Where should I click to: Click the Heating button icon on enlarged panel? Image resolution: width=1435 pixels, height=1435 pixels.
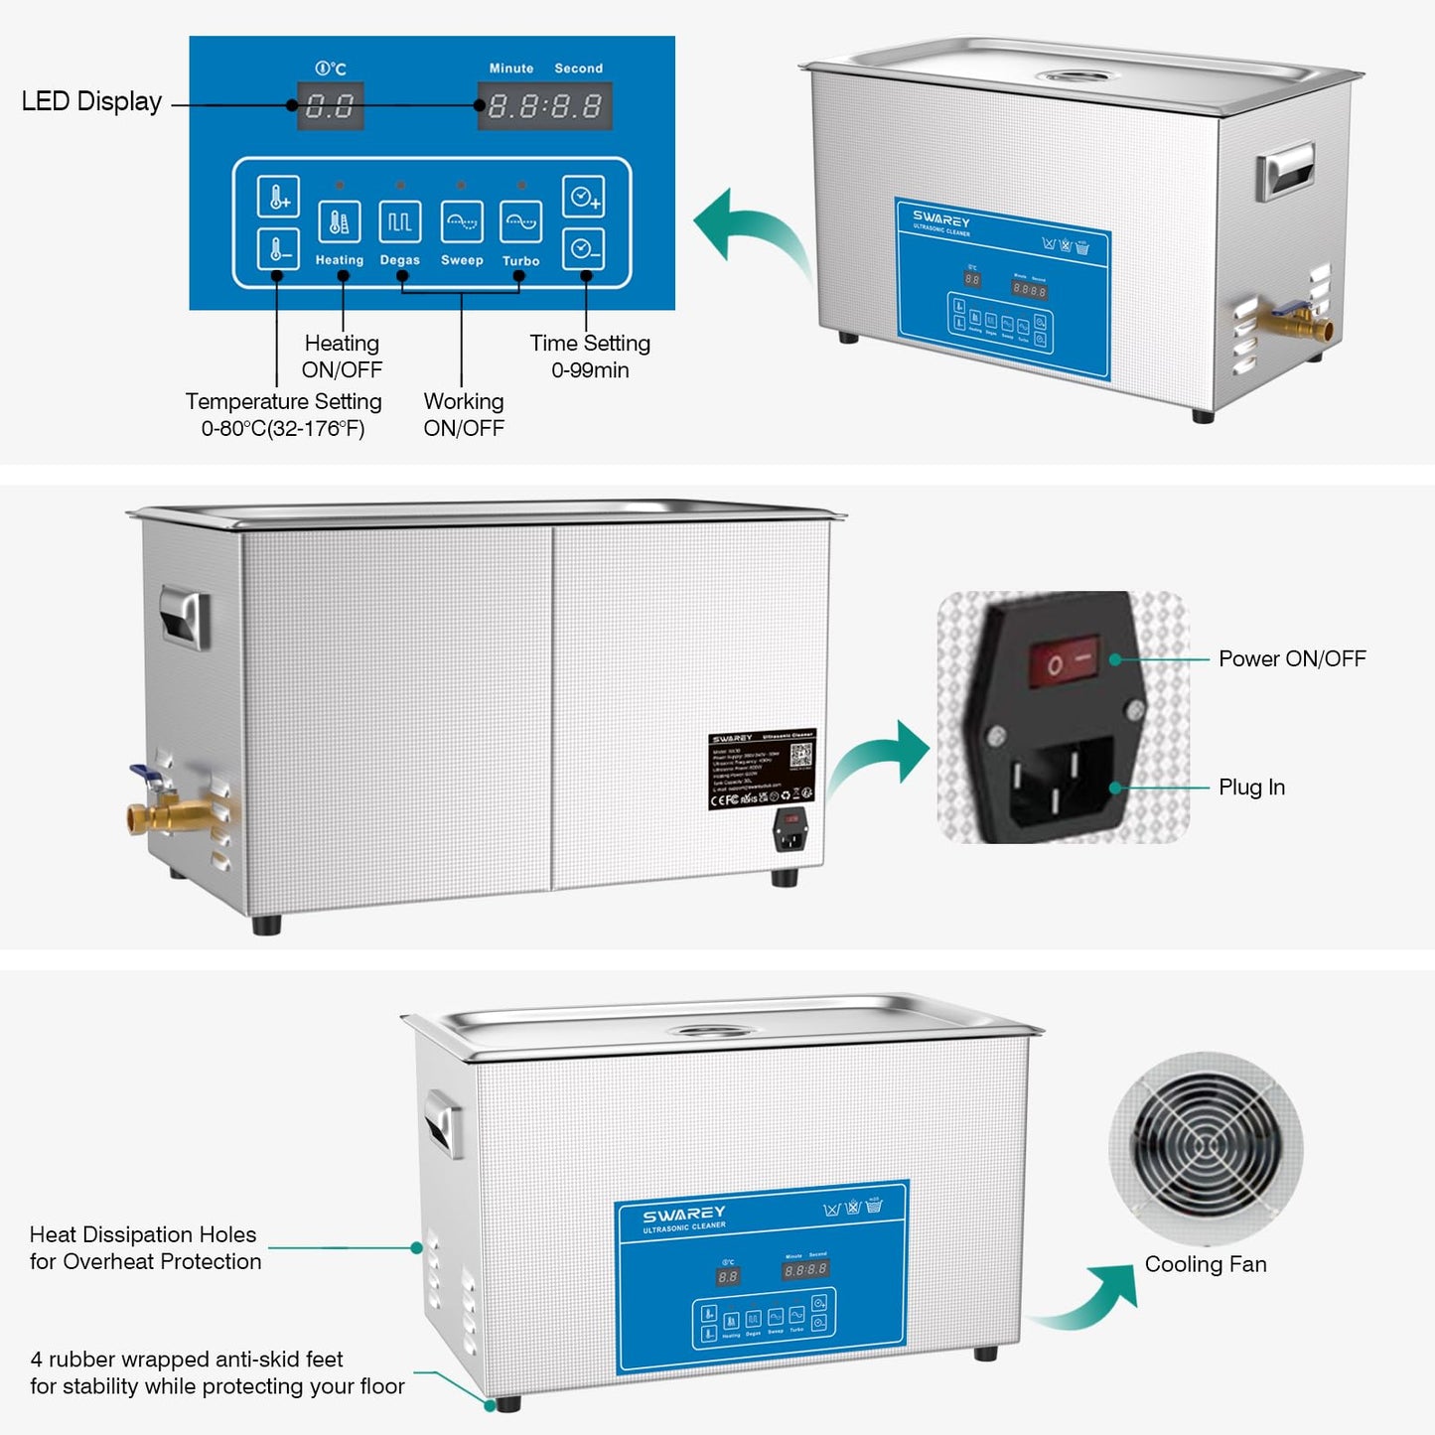tap(340, 221)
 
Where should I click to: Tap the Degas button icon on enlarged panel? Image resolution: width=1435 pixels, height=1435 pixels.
tap(400, 221)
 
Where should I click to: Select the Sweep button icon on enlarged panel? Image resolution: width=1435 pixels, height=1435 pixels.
tap(462, 221)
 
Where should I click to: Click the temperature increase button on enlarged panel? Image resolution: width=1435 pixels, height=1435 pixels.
tap(278, 196)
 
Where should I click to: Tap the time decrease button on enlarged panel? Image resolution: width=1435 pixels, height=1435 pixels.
tap(583, 248)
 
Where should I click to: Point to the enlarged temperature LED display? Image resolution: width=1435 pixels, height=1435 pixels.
tap(330, 106)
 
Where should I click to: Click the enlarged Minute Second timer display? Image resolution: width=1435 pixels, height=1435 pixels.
tap(544, 106)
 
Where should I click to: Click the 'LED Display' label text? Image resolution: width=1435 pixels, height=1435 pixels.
tap(91, 101)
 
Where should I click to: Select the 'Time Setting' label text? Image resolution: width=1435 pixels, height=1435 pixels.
tap(590, 344)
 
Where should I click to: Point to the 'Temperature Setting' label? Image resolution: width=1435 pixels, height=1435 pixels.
tap(283, 401)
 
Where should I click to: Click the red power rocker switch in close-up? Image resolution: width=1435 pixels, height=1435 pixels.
tap(1064, 660)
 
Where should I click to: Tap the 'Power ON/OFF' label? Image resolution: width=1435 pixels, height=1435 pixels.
tap(1292, 658)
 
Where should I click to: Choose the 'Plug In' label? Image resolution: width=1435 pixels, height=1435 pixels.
tap(1251, 788)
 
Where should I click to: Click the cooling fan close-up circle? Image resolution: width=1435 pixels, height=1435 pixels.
tap(1206, 1148)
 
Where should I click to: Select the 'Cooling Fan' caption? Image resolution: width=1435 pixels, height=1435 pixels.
tap(1206, 1264)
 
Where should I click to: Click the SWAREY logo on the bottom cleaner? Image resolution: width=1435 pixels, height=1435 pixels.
tap(684, 1214)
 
